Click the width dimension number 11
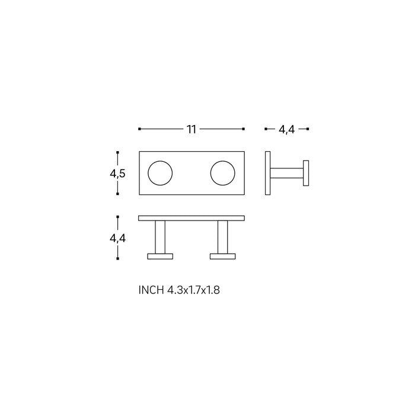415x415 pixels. coord(191,129)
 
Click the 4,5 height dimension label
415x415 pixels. coord(117,174)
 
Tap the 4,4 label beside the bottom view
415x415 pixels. coord(117,238)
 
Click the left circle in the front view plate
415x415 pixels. coord(160,173)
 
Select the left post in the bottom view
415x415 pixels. coord(160,237)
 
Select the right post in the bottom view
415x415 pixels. coord(223,237)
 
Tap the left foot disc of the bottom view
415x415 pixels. coord(160,257)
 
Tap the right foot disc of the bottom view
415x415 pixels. coord(223,257)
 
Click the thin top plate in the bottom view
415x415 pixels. coord(191,218)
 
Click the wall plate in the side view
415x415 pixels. coord(268,173)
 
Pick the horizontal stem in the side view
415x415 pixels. coord(288,173)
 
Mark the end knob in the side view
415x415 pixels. coord(307,173)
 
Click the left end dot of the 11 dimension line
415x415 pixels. coord(139,129)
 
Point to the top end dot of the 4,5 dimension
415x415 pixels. coord(118,152)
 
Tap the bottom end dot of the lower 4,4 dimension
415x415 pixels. coord(118,258)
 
